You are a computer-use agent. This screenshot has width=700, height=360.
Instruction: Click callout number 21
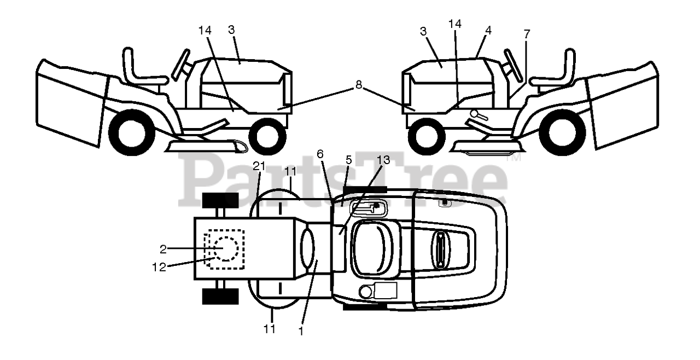pos(259,166)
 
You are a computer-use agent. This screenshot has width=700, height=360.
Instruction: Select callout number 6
pos(320,154)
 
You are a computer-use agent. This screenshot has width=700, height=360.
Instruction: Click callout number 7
pos(527,34)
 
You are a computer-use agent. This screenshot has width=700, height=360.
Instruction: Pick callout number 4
pos(488,31)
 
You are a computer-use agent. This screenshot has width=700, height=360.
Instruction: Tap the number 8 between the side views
pos(358,85)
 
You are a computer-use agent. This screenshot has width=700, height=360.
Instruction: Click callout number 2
pos(163,249)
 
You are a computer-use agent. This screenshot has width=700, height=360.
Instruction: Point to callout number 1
pos(301,330)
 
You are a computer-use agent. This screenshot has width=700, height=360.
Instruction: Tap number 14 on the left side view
pos(205,31)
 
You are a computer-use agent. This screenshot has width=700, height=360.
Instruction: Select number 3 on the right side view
pos(423,31)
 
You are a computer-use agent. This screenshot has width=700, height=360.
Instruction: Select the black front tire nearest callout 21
pos(220,200)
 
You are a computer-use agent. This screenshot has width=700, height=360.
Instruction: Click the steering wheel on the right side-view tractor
pos(512,65)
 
